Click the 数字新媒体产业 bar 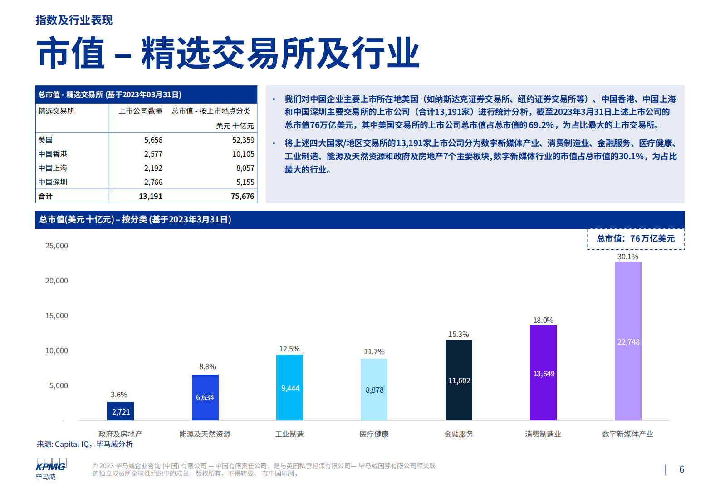[628, 341]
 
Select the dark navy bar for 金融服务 [459, 380]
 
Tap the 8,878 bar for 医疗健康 [374, 390]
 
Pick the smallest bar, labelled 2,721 [120, 411]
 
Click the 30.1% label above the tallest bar [627, 257]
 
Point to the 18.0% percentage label [543, 320]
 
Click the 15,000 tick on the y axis [57, 316]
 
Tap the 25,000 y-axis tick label [57, 246]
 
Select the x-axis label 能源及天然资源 [205, 434]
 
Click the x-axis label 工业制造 [289, 434]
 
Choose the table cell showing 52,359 [243, 140]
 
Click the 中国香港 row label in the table [53, 154]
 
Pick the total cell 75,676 [242, 196]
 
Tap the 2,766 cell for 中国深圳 [153, 182]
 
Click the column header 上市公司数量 [140, 111]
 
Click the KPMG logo [51, 465]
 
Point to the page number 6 [681, 469]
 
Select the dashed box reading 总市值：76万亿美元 [636, 239]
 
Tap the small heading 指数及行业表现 [74, 20]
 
